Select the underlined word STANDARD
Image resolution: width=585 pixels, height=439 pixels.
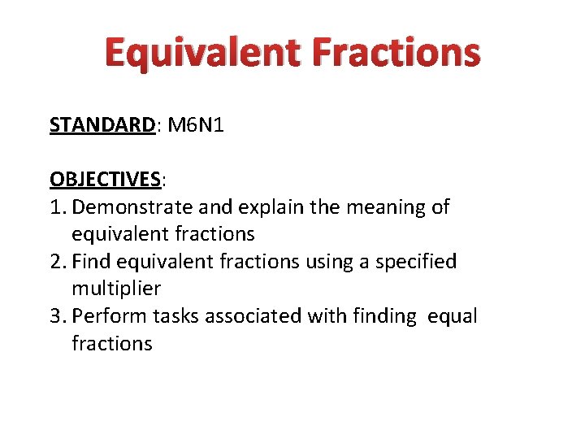102,124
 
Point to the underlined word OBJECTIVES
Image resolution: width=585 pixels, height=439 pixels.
106,179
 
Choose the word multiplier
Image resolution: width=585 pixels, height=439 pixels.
116,289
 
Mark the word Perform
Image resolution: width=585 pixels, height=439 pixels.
110,316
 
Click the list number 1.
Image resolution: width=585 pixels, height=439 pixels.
55,206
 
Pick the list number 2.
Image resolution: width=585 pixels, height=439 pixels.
55,262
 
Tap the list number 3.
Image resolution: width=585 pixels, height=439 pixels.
55,316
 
